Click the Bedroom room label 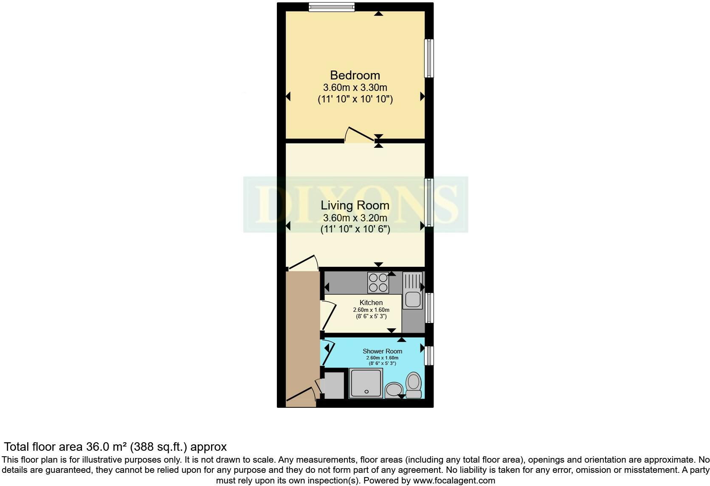355,76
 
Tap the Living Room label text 355,206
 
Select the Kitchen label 371,303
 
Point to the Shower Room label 382,351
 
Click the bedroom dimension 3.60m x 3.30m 355,88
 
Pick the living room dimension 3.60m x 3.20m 355,218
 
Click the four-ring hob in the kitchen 378,283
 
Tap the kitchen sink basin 413,300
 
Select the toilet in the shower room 414,385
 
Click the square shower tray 366,383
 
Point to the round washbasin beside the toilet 394,390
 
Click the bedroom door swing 359,134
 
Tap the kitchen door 328,316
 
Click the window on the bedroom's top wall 332,7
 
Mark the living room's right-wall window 429,203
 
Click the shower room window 429,356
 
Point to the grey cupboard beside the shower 334,385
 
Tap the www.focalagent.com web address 454,480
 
